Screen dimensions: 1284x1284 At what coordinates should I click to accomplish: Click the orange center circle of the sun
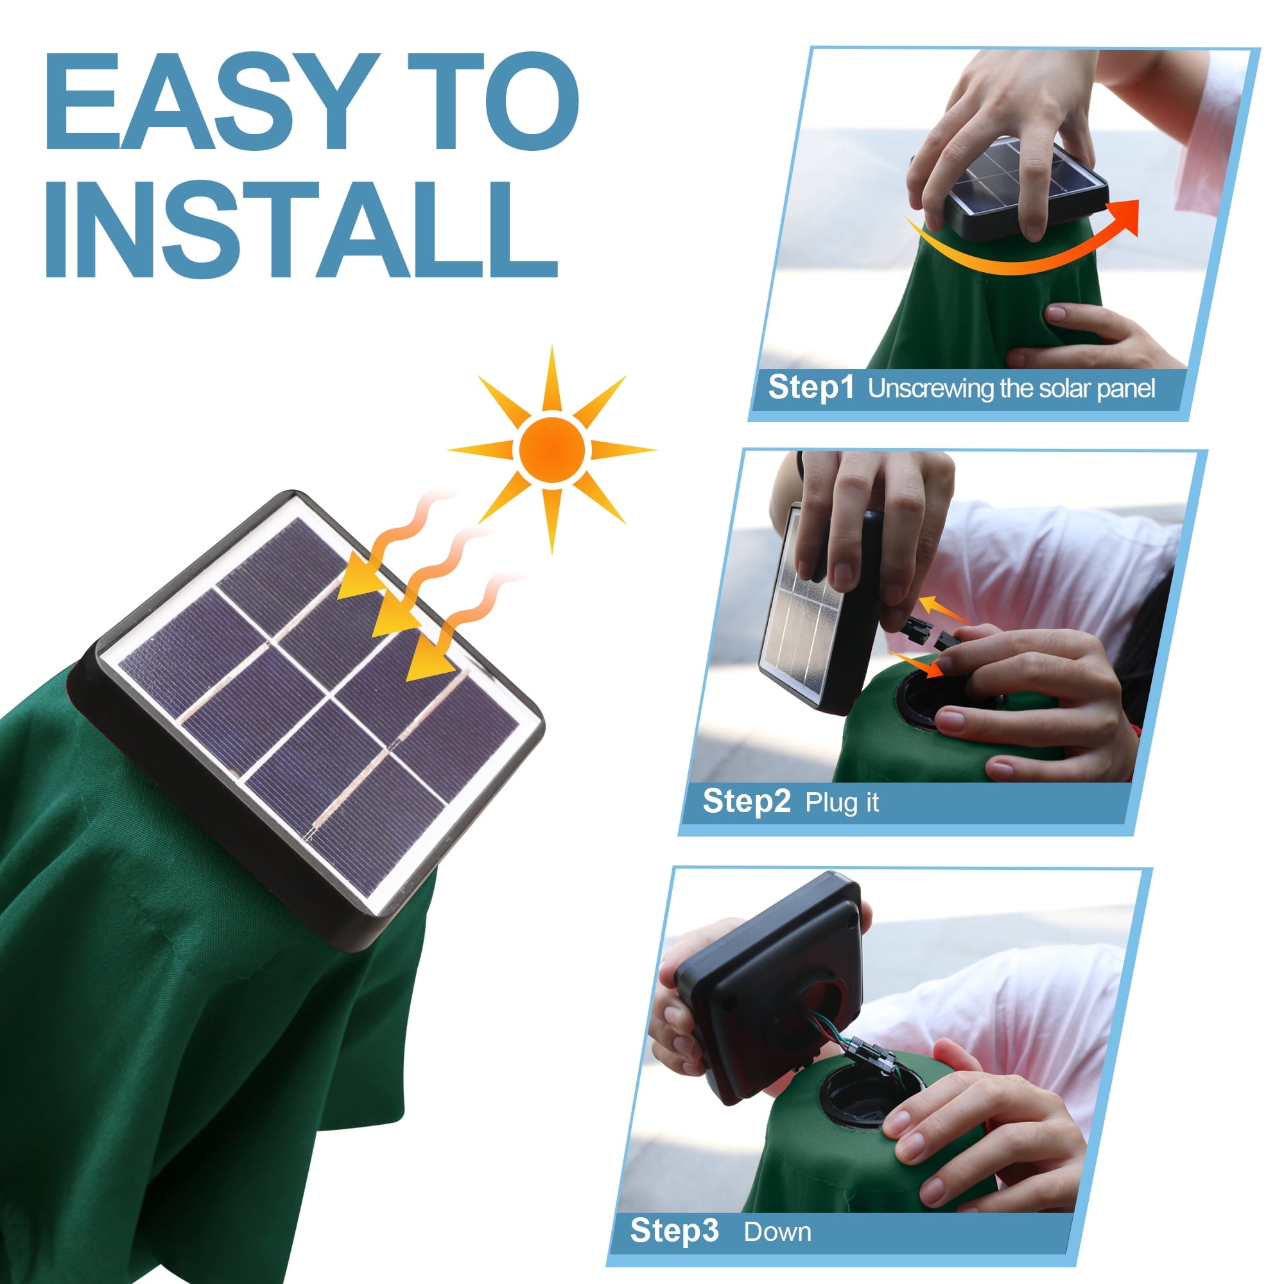point(552,450)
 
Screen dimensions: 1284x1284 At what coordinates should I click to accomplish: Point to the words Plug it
point(842,803)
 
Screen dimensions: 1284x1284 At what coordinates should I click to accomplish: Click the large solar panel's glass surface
point(319,704)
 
